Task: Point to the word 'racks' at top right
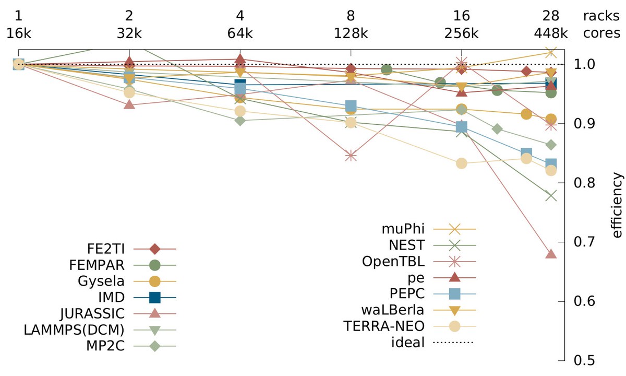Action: (601, 15)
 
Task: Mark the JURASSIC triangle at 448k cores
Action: (551, 254)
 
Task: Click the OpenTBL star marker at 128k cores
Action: (351, 156)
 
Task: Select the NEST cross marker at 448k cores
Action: (551, 196)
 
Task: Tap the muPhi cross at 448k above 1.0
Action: (551, 52)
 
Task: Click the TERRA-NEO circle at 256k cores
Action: (462, 163)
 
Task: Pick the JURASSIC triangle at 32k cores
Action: (129, 104)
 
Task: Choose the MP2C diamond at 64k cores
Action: (240, 121)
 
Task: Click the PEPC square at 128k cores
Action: (351, 106)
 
